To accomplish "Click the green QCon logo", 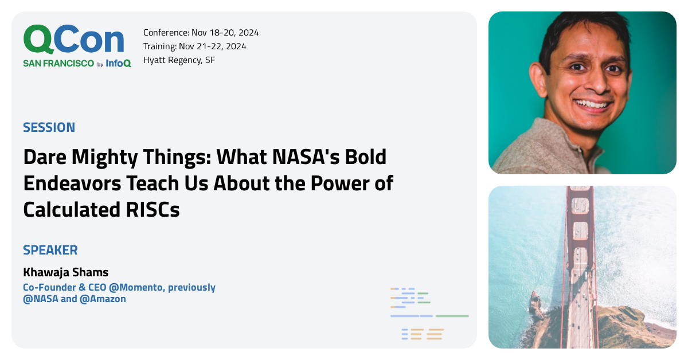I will pos(73,40).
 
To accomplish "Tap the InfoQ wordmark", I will pos(118,64).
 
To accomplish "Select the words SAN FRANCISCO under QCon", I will pos(58,64).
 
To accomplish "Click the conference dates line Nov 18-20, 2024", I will pos(201,33).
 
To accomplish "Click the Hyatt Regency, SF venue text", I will pos(179,60).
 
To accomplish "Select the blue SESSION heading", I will pos(49,127).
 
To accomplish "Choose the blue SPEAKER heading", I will pos(50,250).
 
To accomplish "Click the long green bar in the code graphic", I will pos(452,316).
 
